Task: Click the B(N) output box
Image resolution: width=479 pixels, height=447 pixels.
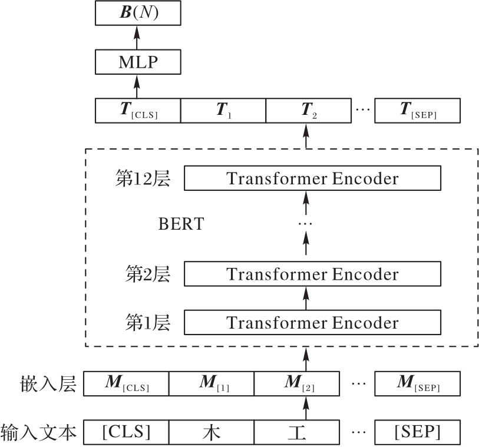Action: tap(137, 12)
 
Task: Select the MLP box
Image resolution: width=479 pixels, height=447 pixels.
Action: tap(137, 61)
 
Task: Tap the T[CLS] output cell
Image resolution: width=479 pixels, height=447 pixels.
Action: tap(137, 111)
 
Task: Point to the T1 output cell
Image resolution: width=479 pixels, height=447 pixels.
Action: tap(223, 111)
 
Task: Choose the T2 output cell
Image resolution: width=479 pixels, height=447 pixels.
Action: tap(309, 111)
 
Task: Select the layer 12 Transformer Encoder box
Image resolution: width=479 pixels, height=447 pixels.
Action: tap(312, 178)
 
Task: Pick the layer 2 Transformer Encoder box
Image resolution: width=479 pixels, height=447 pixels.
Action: tap(312, 274)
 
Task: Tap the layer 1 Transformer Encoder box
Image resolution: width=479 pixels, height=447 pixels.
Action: tap(312, 323)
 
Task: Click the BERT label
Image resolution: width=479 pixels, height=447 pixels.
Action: tap(180, 224)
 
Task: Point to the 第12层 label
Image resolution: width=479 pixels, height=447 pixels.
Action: tap(143, 178)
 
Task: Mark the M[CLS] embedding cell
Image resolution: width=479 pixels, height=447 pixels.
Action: tap(126, 383)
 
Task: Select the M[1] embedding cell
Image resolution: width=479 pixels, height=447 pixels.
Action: tap(212, 383)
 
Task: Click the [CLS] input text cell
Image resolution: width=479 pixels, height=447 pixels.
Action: tap(126, 432)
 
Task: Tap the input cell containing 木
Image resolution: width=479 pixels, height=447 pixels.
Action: tap(212, 432)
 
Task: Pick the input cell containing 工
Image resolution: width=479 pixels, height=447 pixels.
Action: tap(297, 432)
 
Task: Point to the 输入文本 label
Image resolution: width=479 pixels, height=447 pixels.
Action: tap(39, 433)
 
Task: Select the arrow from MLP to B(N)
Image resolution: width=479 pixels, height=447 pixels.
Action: tap(137, 37)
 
